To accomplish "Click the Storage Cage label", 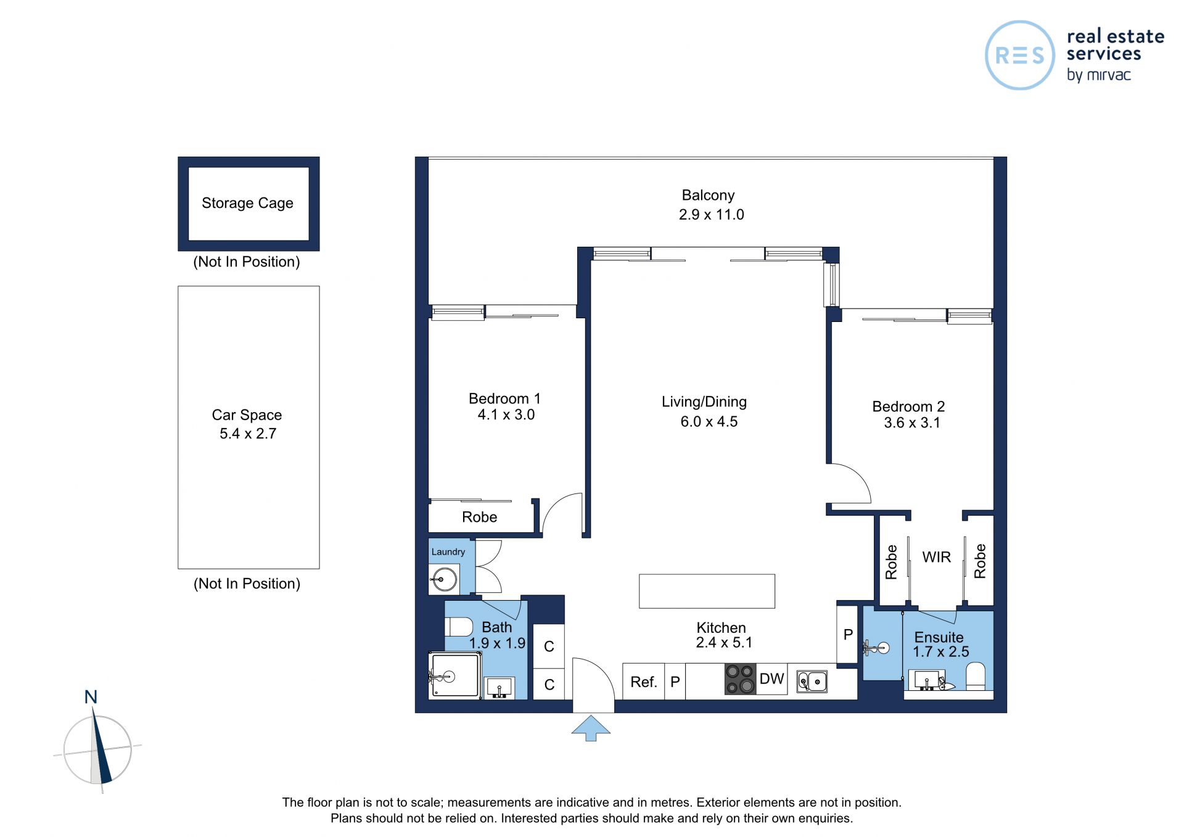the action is pyautogui.click(x=247, y=203).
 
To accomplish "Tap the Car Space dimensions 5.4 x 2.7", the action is pyautogui.click(x=248, y=434).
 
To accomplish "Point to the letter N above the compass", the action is pyautogui.click(x=91, y=697).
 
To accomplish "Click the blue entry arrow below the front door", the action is pyautogui.click(x=591, y=728).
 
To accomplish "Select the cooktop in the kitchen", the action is pyautogui.click(x=740, y=679).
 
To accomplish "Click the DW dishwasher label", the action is pyautogui.click(x=771, y=678).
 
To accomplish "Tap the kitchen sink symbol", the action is pyautogui.click(x=812, y=682).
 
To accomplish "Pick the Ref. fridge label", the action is pyautogui.click(x=644, y=682).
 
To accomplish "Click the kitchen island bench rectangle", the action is pyautogui.click(x=707, y=591).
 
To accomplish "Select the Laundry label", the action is pyautogui.click(x=448, y=552).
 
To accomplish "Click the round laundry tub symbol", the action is pyautogui.click(x=445, y=579).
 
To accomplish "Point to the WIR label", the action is pyautogui.click(x=937, y=557).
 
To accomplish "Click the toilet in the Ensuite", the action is pyautogui.click(x=975, y=676).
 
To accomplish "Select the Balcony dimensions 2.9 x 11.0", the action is pyautogui.click(x=712, y=215).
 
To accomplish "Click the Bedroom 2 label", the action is pyautogui.click(x=908, y=406).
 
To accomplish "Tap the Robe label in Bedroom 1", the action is pyautogui.click(x=480, y=517).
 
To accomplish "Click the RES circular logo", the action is pyautogui.click(x=1020, y=56).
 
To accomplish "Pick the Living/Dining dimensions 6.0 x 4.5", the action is pyautogui.click(x=709, y=422).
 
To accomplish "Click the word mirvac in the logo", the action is pyautogui.click(x=1109, y=75).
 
